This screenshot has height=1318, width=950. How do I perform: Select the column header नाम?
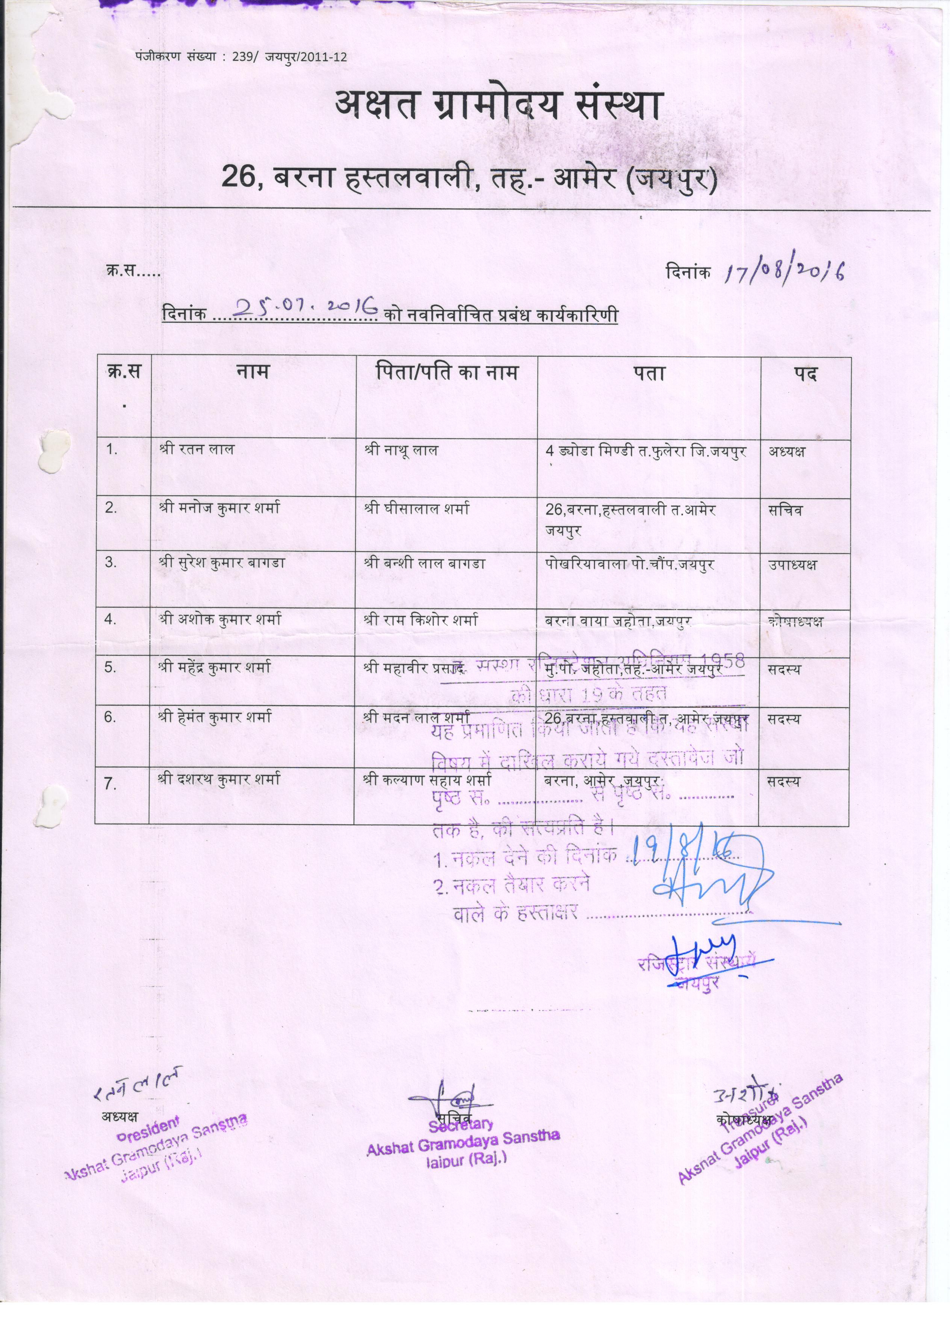coord(253,372)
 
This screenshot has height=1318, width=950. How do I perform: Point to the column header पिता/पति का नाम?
coord(446,372)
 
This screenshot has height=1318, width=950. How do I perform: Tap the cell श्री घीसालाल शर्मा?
coord(417,510)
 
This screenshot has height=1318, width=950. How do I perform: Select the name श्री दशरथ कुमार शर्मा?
coord(218,779)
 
